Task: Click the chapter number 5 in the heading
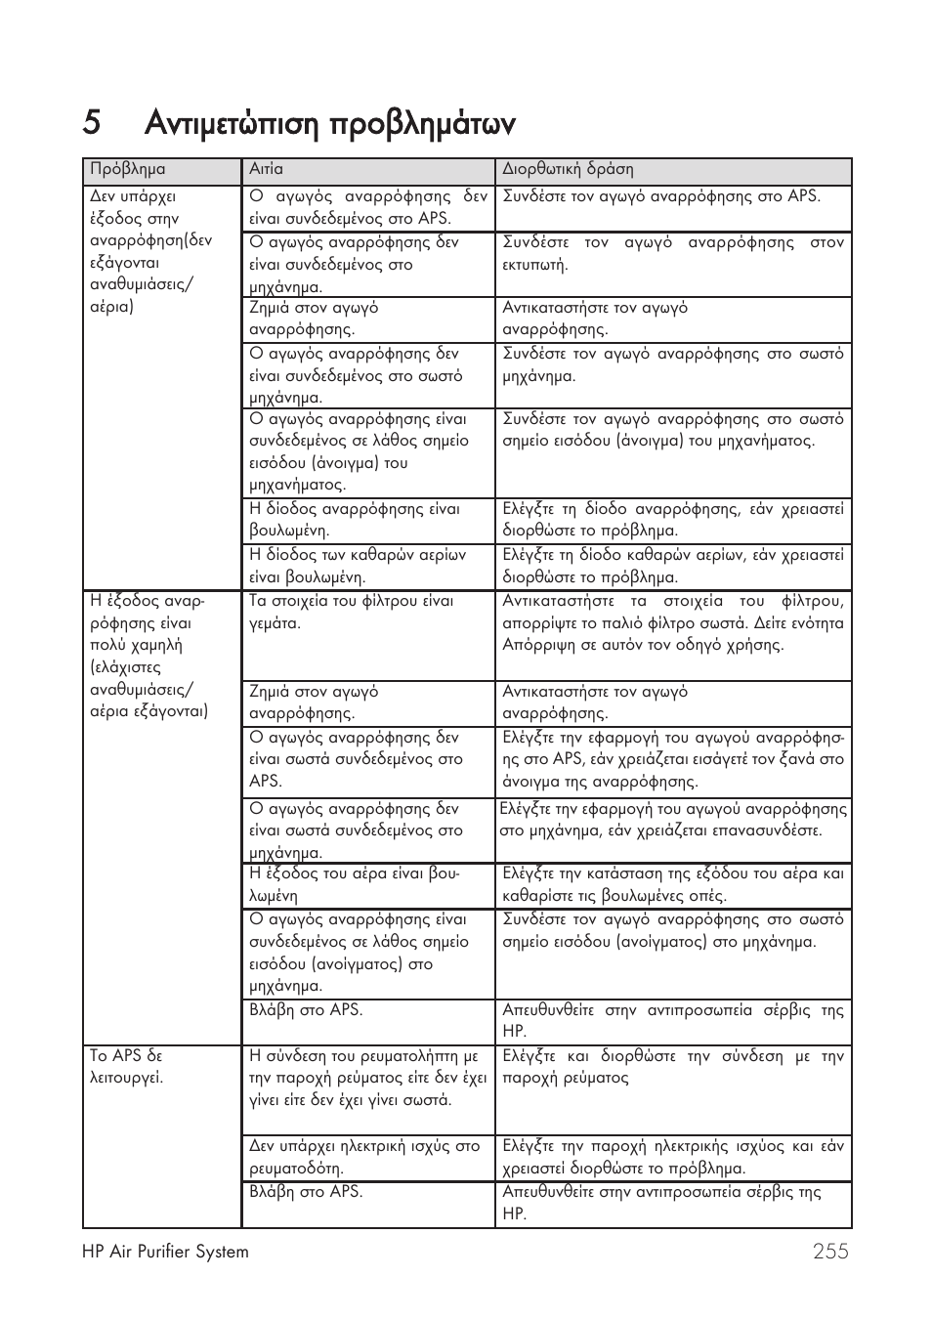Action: coord(92,124)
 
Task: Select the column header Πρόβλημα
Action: coord(128,169)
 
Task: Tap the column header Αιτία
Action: coord(266,169)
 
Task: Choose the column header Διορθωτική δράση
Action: coord(568,169)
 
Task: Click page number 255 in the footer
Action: coord(829,1252)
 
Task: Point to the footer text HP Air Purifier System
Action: coord(166,1252)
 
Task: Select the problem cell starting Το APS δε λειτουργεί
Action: coord(127,1067)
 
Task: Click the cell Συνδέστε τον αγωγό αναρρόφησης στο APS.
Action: coord(661,196)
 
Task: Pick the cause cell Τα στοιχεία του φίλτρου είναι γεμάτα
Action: coord(352,612)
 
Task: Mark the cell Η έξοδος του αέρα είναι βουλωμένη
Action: coord(355,884)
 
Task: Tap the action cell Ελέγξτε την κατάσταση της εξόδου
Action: coord(672,884)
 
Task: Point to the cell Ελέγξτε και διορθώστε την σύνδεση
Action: coord(672,1067)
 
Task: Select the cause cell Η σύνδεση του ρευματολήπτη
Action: coord(367,1078)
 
